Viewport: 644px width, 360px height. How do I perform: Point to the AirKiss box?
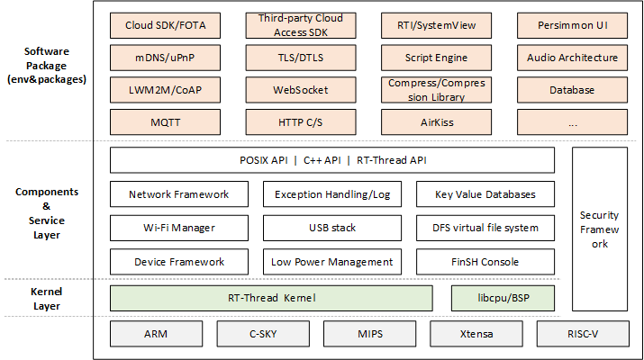coord(437,121)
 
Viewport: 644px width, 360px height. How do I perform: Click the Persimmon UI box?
coord(572,25)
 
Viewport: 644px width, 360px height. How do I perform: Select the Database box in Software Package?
coord(572,90)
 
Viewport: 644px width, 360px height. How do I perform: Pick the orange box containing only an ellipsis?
coord(572,121)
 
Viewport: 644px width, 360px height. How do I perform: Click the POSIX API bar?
coord(331,160)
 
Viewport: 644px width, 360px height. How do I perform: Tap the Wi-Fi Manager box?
coord(178,228)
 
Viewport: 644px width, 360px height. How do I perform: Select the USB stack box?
coord(331,228)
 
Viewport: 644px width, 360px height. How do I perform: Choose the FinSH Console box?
coord(485,262)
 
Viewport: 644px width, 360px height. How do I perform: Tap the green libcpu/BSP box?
coord(503,298)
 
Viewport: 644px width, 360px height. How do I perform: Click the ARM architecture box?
coord(154,333)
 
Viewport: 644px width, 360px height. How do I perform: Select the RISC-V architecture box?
coord(581,333)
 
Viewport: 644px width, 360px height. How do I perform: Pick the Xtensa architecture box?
coord(474,333)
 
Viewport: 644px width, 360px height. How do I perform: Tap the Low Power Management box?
coord(331,262)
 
